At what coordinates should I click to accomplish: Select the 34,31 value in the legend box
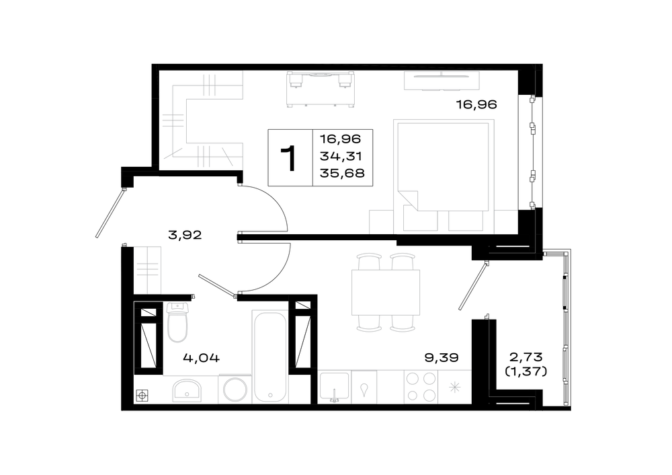tap(341, 156)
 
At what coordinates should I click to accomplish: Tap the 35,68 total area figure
tap(342, 173)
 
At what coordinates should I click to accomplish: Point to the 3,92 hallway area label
tap(185, 235)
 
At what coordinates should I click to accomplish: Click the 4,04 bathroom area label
tap(201, 357)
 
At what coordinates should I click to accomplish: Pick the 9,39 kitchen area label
tap(442, 357)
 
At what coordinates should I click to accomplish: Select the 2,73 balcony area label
tap(526, 356)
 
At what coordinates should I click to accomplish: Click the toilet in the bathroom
tap(177, 322)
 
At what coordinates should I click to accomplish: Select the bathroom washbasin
tap(187, 390)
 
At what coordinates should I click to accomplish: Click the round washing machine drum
tap(235, 389)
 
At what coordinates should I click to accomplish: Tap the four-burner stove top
tap(421, 387)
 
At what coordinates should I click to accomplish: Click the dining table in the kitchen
tap(385, 292)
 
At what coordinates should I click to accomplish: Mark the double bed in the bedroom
tap(443, 168)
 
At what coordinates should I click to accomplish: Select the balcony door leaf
tap(474, 285)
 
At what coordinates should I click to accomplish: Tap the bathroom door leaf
tap(217, 285)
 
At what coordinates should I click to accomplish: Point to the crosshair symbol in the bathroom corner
tap(142, 396)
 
